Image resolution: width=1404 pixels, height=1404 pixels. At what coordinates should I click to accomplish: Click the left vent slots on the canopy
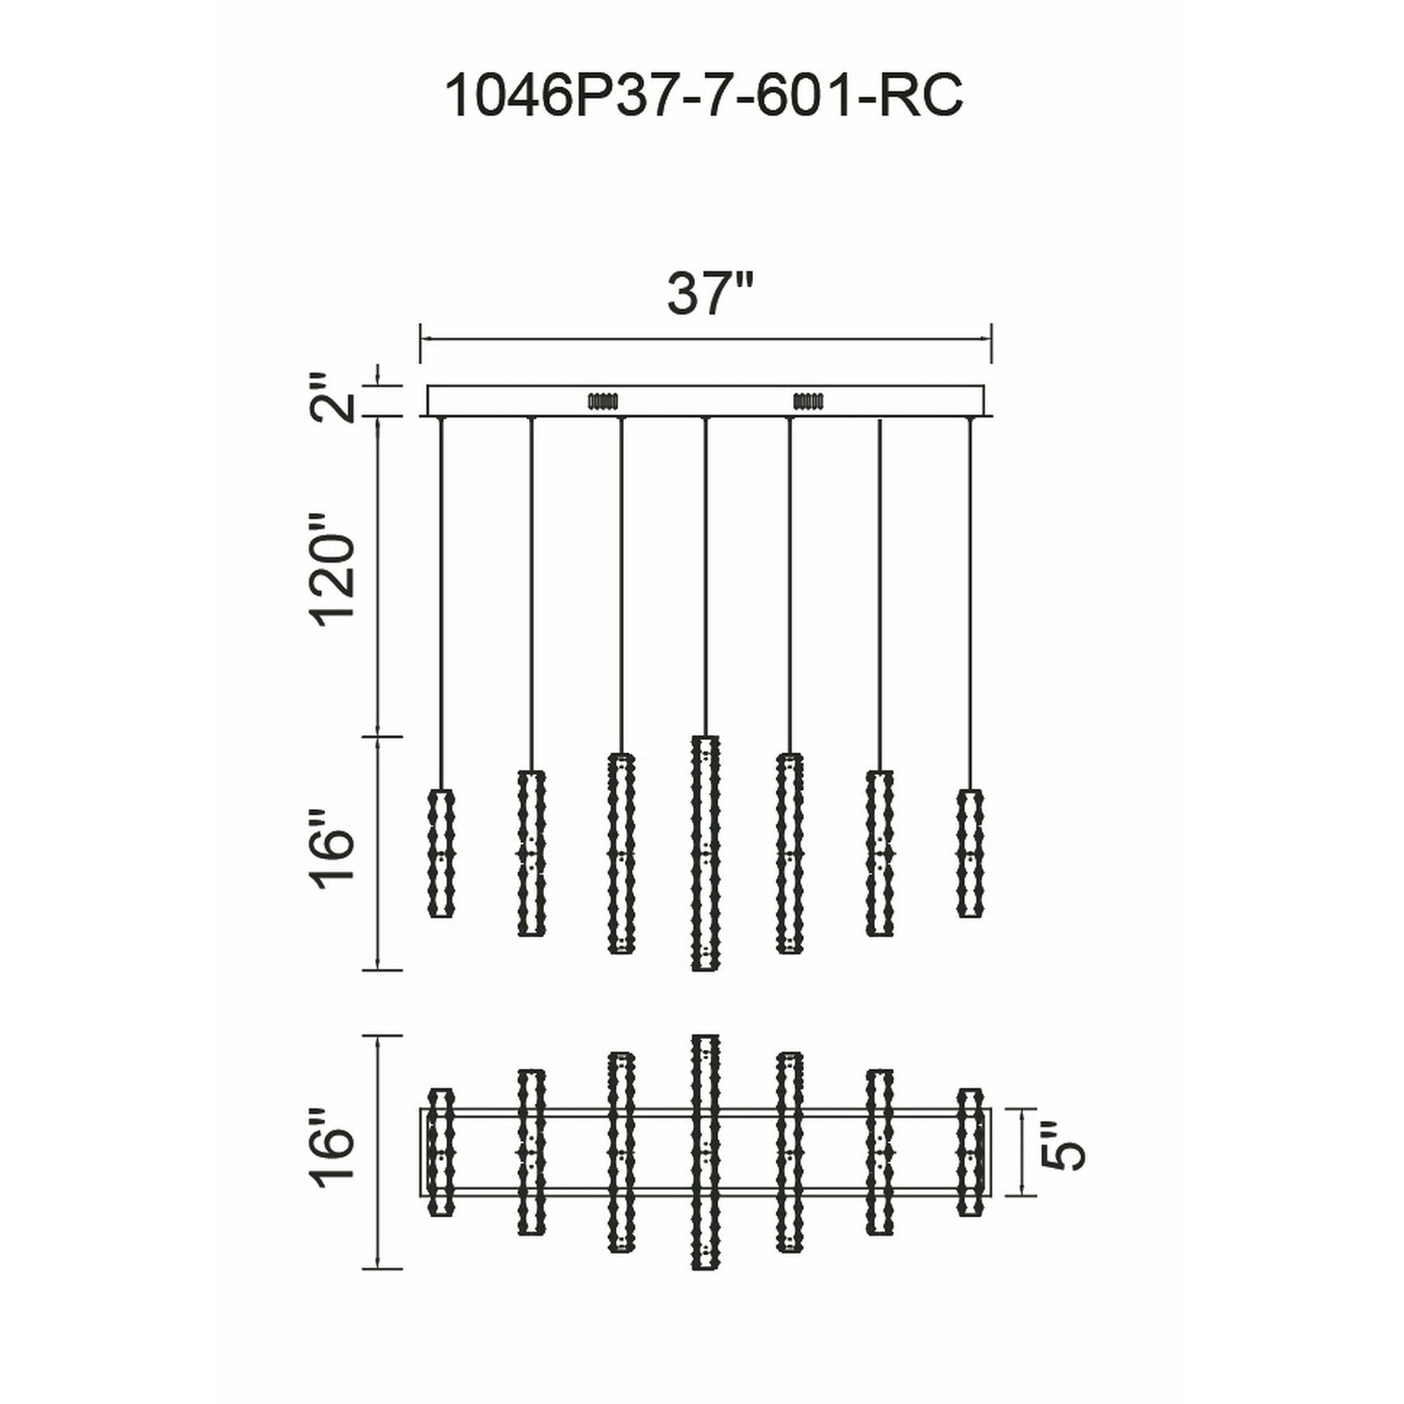pyautogui.click(x=602, y=400)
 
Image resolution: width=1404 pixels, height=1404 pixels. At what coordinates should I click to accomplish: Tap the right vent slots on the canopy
pyautogui.click(x=809, y=400)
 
